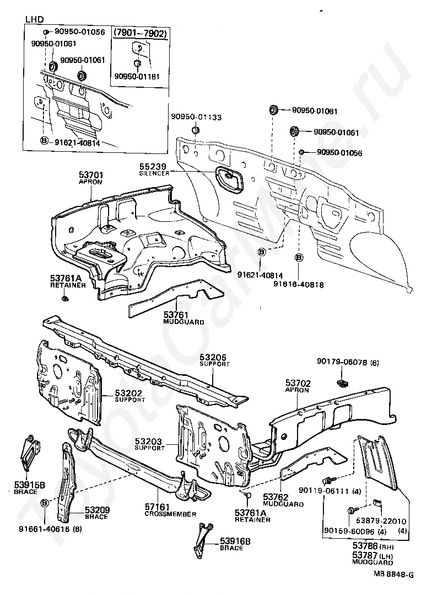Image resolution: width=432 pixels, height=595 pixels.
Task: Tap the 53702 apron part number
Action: [298, 382]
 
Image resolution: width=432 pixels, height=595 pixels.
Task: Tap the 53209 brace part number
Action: [97, 510]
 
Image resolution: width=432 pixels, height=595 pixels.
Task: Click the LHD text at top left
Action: [35, 20]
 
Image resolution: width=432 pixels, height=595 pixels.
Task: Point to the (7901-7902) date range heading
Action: [141, 33]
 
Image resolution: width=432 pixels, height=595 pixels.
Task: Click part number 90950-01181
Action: [137, 76]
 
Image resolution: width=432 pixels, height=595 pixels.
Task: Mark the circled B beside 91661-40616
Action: [45, 502]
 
